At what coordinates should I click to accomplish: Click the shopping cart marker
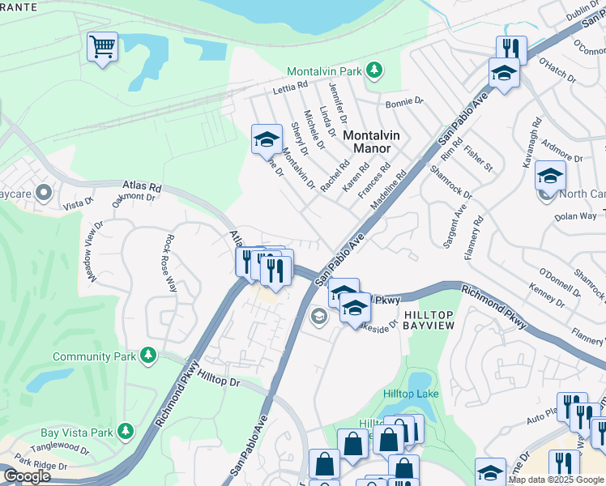coord(103,46)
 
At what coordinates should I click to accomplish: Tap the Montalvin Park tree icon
coord(373,71)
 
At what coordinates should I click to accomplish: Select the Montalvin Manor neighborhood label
coord(367,142)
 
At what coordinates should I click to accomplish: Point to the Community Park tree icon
coord(147,355)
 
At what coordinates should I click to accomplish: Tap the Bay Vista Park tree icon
coord(125,431)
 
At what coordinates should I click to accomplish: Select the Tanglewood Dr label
coord(62,447)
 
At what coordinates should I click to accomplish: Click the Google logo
coord(27,475)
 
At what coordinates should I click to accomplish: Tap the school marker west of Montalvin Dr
coord(266,139)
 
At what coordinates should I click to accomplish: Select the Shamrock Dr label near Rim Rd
coord(452,179)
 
